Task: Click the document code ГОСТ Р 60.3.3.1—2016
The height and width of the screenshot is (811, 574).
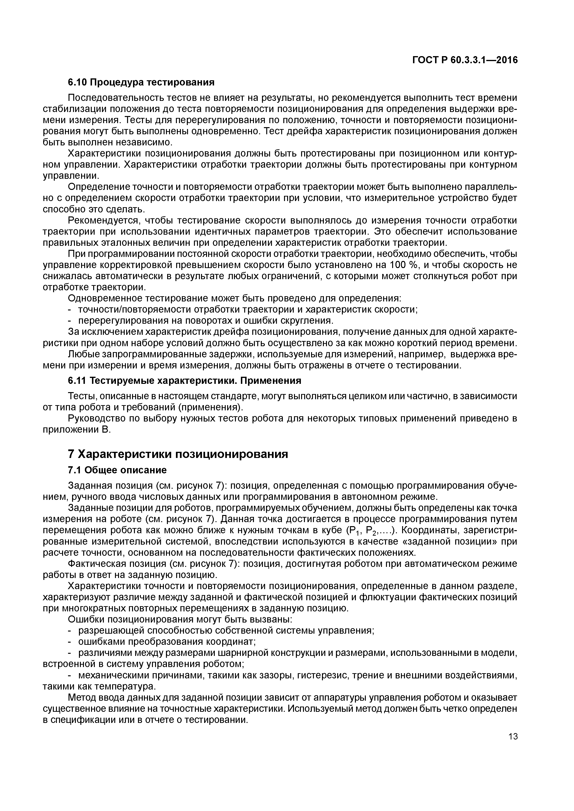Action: (465, 60)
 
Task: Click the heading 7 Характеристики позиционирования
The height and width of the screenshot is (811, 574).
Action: (178, 454)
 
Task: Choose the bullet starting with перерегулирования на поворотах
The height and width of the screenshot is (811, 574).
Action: (205, 320)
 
